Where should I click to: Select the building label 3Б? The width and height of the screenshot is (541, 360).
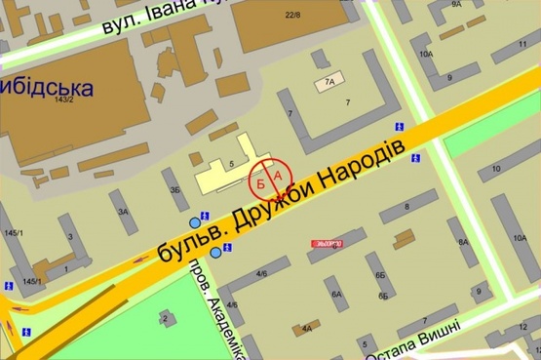pos(175,189)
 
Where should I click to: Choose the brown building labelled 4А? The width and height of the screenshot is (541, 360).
pos(308,328)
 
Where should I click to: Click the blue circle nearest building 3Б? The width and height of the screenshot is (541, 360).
pos(193,220)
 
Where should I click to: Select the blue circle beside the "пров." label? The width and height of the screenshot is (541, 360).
pos(215,253)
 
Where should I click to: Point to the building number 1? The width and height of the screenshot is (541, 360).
pos(65,268)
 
